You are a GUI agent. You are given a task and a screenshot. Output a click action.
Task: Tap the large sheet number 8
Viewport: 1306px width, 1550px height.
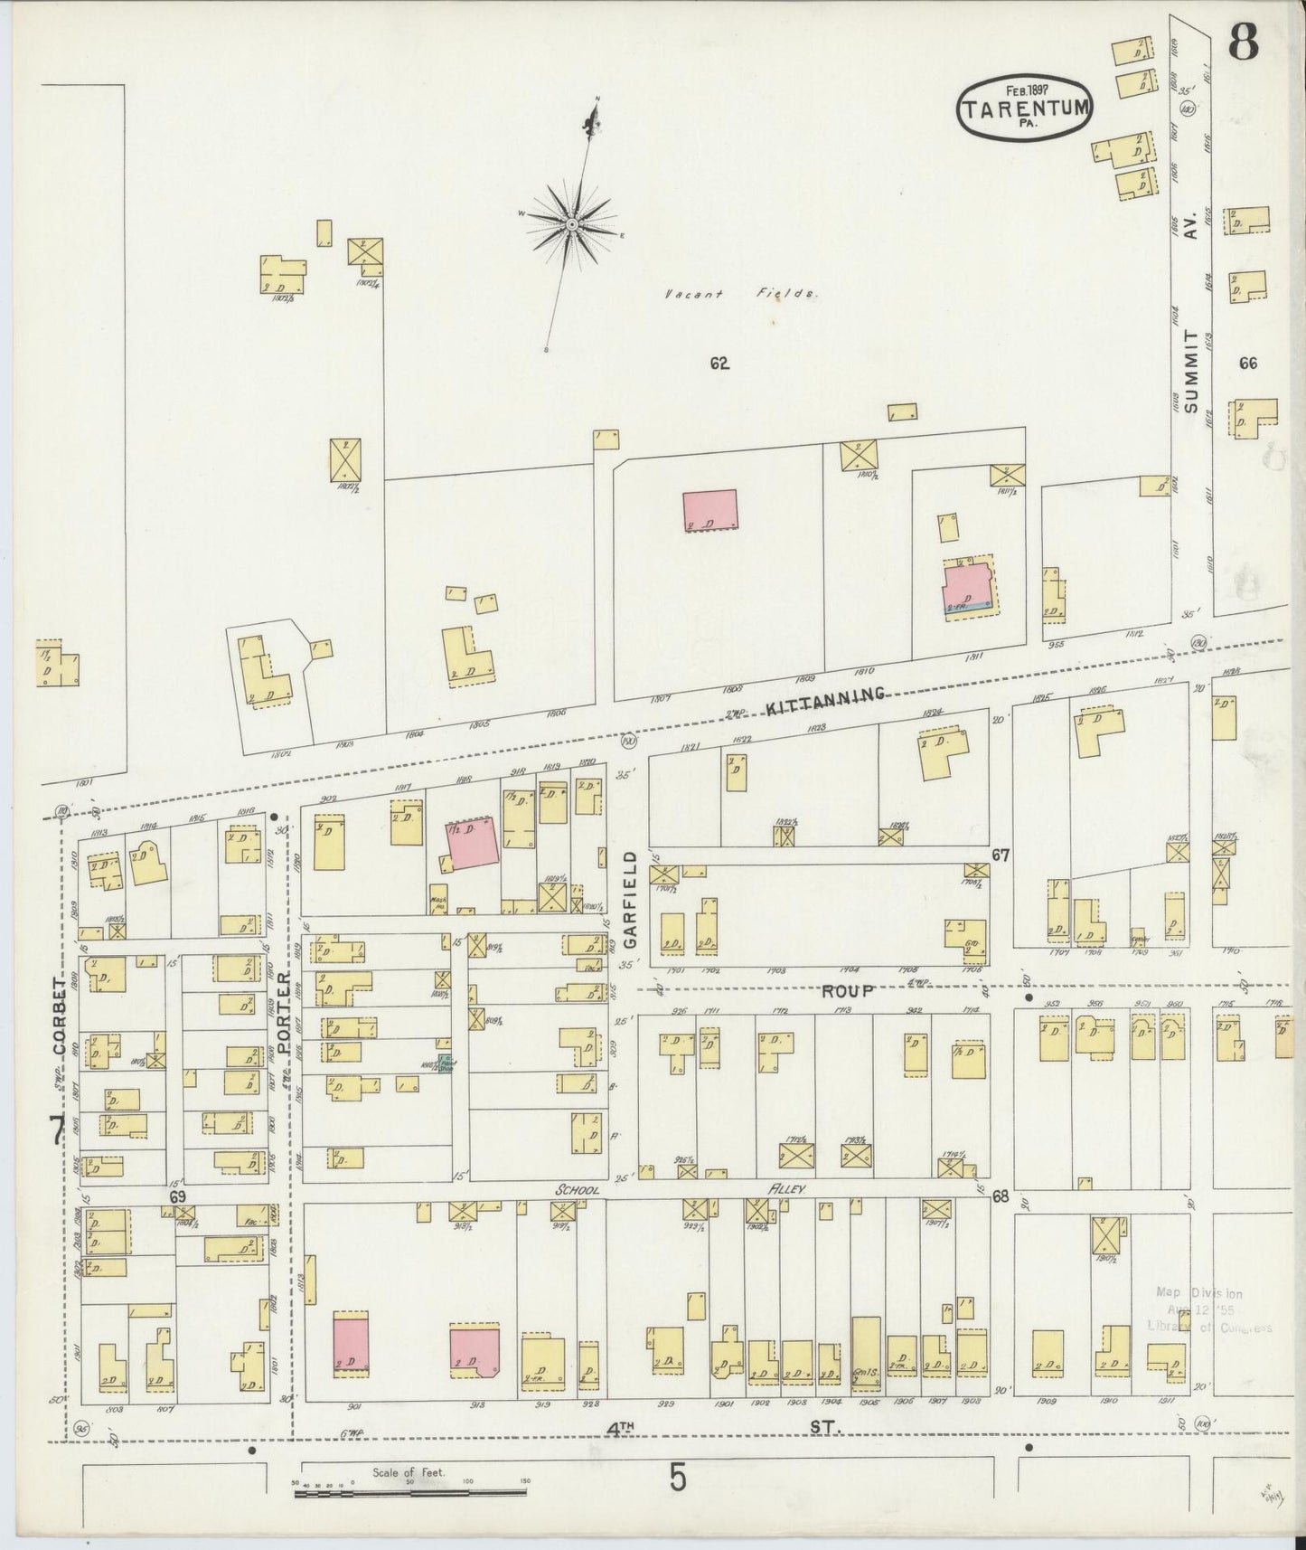pyautogui.click(x=1244, y=43)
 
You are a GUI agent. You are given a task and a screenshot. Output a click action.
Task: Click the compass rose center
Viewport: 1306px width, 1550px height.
pyautogui.click(x=573, y=222)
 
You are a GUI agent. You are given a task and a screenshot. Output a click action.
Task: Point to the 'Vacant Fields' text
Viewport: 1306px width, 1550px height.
pyautogui.click(x=740, y=294)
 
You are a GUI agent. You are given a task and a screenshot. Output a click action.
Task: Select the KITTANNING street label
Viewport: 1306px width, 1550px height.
pyautogui.click(x=823, y=699)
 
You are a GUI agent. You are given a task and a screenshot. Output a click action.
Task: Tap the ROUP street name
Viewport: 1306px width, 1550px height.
pyautogui.click(x=847, y=991)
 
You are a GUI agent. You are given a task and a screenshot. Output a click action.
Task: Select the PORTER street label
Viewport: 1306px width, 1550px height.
pyautogui.click(x=282, y=1014)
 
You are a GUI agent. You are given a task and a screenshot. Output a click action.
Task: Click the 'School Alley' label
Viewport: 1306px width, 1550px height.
pyautogui.click(x=678, y=1190)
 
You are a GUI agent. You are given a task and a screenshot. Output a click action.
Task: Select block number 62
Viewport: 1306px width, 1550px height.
pyautogui.click(x=719, y=364)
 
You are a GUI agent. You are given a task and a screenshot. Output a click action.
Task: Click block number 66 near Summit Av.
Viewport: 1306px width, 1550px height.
pyautogui.click(x=1248, y=364)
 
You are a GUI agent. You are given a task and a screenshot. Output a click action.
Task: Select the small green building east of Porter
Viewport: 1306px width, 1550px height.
pyautogui.click(x=444, y=1063)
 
